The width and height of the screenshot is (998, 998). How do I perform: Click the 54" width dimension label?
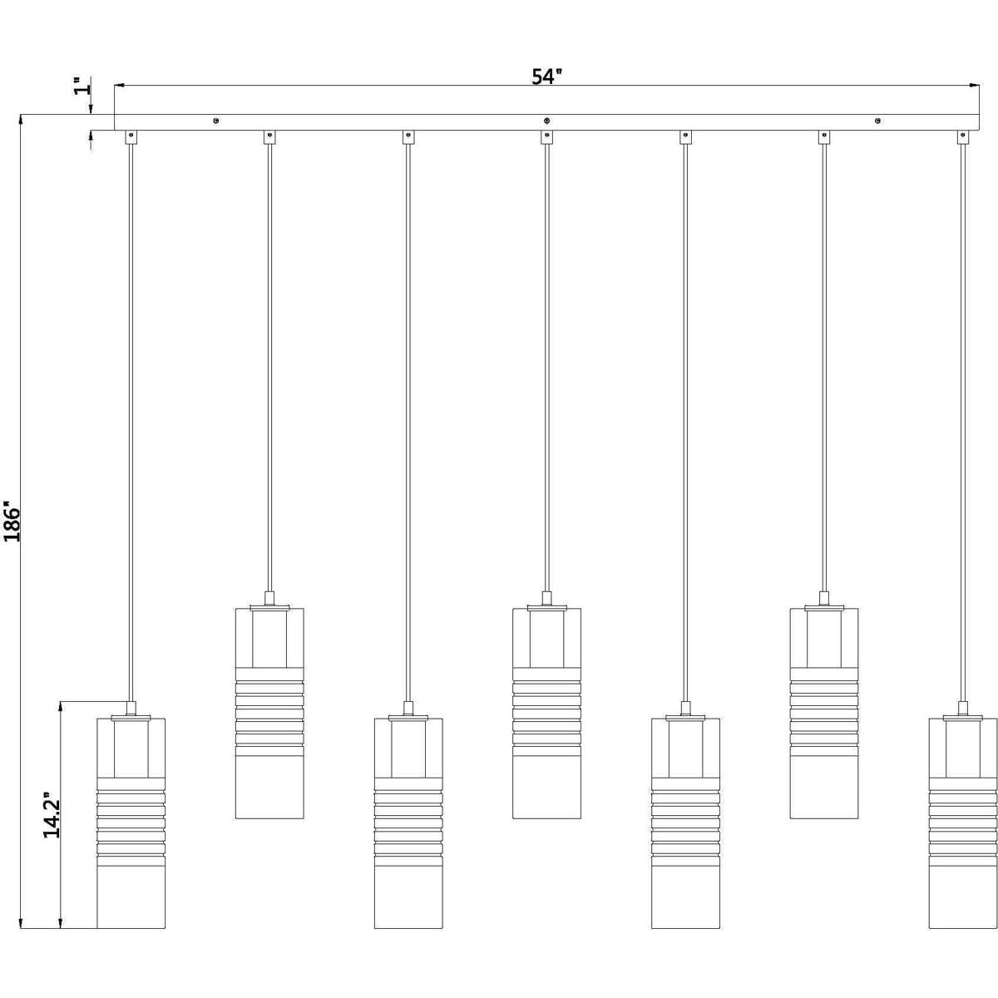546,77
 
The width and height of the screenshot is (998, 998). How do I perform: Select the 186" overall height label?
12,521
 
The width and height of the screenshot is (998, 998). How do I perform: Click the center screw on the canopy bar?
546,121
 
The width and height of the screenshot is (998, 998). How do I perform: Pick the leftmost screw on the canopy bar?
216,121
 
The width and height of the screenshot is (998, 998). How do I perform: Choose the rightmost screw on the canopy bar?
877,121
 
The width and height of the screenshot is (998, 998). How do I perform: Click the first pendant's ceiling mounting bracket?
131,137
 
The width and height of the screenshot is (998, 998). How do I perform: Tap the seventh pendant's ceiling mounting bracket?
963,137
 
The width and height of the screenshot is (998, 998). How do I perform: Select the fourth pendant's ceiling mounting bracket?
546,137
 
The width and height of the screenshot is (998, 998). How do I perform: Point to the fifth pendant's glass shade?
685,823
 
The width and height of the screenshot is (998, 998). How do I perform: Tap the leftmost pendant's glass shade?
131,823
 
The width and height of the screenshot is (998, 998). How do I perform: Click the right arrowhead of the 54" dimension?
974,85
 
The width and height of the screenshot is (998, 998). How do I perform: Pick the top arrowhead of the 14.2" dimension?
61,708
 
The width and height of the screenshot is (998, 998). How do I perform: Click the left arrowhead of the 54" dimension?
120,85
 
